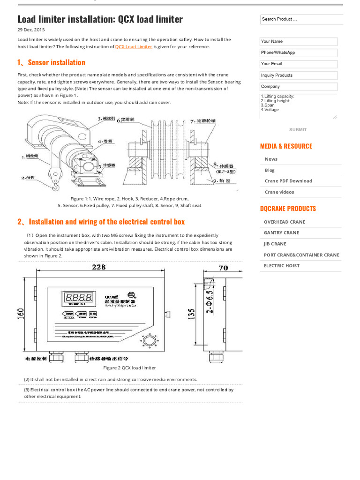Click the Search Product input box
[x=301, y=19]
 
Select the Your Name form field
[x=299, y=41]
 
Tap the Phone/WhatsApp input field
[x=299, y=52]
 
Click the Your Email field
[x=299, y=64]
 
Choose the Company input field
[x=299, y=86]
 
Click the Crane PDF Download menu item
[x=288, y=181]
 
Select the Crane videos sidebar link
[x=279, y=192]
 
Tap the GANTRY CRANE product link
[x=281, y=233]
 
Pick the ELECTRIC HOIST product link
[x=282, y=266]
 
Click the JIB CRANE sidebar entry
[x=275, y=244]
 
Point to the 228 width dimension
[x=98, y=267]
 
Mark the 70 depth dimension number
[x=223, y=268]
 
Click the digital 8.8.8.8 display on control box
[x=78, y=298]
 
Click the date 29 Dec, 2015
[x=28, y=30]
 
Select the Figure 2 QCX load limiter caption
[x=133, y=368]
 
